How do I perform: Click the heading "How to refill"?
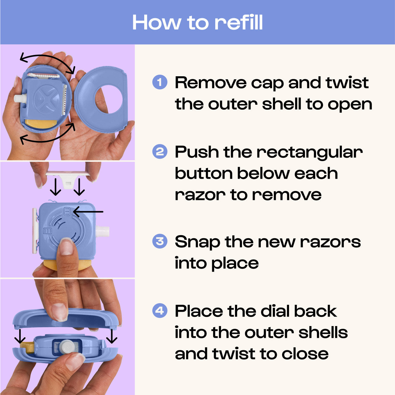pos(197,22)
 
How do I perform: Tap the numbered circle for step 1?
pos(160,82)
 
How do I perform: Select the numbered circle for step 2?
pos(160,152)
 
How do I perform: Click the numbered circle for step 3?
pos(160,242)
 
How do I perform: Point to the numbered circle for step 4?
pos(160,311)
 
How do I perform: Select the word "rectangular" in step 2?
pos(309,152)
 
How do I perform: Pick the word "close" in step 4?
pos(305,354)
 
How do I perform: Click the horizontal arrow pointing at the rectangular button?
pos(88,211)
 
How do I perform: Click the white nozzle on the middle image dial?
pos(102,232)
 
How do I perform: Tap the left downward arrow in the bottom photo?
pos(20,335)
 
